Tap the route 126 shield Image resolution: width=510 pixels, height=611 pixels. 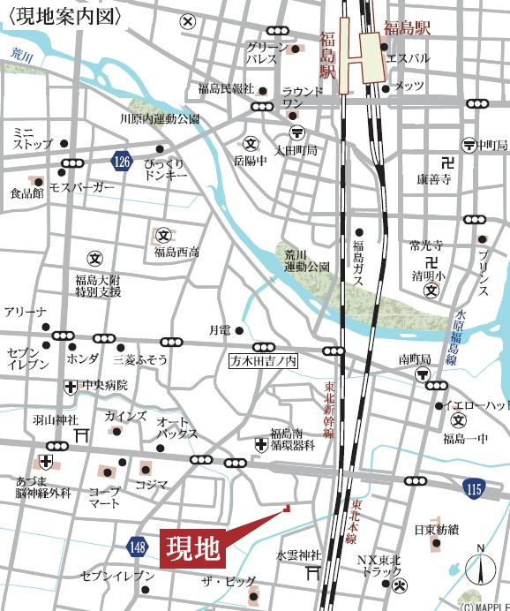(121, 161)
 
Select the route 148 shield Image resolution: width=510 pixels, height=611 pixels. (135, 548)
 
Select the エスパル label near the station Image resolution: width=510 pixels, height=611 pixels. (407, 59)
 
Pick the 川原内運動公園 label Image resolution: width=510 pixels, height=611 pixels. (160, 118)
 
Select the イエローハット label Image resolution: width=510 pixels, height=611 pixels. (476, 405)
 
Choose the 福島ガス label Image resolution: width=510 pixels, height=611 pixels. (358, 262)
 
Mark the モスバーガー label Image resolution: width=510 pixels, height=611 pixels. (82, 188)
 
